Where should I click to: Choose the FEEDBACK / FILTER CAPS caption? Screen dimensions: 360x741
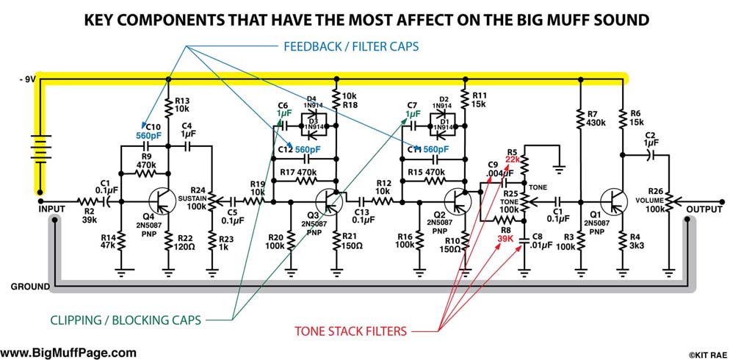(350, 46)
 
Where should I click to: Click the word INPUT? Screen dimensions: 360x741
(53, 209)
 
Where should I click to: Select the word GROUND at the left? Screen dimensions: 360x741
(30, 286)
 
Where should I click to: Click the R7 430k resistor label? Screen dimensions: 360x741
(596, 118)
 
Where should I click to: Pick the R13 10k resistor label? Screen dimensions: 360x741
(184, 104)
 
